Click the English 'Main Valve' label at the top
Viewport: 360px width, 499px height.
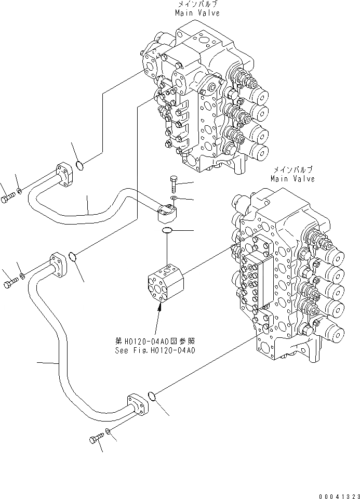click(197, 12)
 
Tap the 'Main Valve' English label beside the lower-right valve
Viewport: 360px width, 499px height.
click(292, 179)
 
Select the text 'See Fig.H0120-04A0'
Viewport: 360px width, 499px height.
click(155, 350)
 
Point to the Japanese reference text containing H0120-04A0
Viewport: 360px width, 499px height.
click(155, 342)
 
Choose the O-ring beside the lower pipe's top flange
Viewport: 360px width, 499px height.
click(73, 256)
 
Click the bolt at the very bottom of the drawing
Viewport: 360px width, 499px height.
click(96, 440)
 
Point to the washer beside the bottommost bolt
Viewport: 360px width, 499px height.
click(108, 431)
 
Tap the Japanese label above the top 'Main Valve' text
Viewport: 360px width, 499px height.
click(197, 4)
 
